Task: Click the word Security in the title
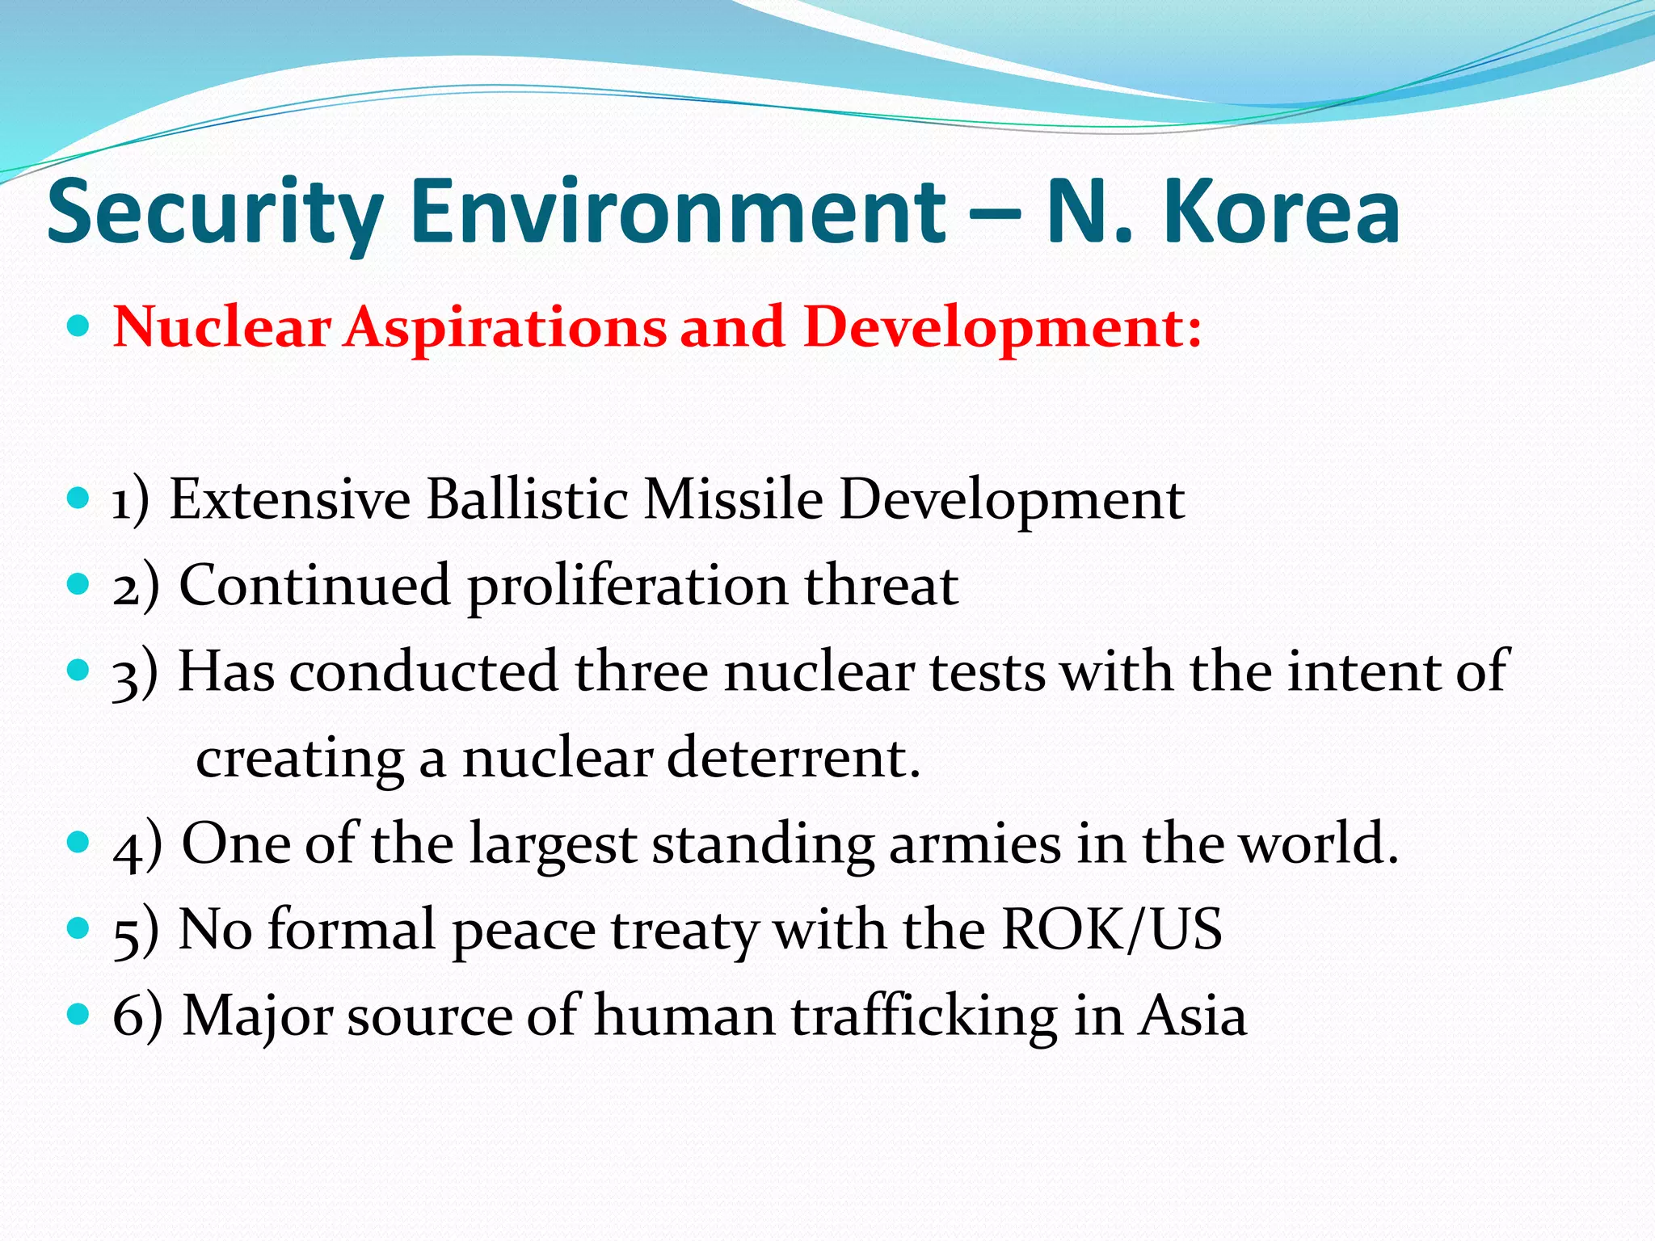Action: [215, 212]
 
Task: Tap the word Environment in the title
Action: [677, 212]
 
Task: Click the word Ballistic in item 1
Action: [527, 499]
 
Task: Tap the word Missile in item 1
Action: [733, 499]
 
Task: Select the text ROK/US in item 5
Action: [1111, 929]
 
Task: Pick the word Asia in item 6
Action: [1193, 1016]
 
